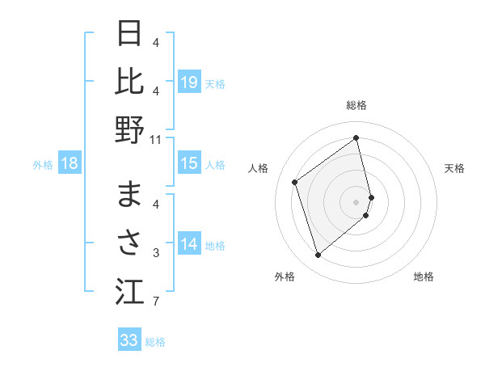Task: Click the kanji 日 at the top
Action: tap(130, 34)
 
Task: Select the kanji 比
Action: tap(130, 82)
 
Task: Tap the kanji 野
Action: tap(130, 130)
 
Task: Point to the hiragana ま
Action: tap(130, 195)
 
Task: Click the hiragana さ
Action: tap(130, 243)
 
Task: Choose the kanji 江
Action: tap(130, 292)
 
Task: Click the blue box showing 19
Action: tap(189, 82)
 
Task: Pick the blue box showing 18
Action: tap(70, 164)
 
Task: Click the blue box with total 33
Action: tap(129, 340)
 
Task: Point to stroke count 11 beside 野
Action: tap(156, 139)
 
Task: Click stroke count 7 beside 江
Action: tap(155, 302)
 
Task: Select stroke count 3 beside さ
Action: tap(155, 253)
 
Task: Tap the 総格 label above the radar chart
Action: tap(356, 106)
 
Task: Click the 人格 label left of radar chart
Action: tap(259, 168)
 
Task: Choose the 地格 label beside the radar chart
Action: tap(424, 277)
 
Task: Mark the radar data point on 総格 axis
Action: tap(356, 137)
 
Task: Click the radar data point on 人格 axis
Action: tap(295, 182)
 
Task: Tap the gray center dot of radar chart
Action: tap(356, 201)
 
